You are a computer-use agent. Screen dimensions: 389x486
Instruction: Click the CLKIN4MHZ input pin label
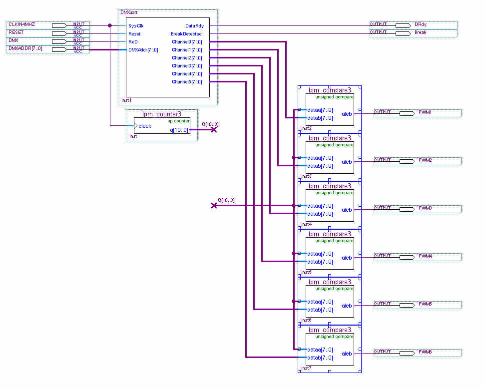(x=22, y=24)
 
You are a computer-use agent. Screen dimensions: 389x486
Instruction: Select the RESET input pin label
(x=16, y=32)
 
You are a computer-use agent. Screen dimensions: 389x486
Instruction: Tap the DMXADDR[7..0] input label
(x=25, y=48)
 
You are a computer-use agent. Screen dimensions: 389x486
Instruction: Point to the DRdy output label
(x=420, y=24)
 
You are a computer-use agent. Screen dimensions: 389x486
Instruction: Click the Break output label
(x=421, y=32)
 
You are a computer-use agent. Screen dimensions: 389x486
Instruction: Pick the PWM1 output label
(x=425, y=112)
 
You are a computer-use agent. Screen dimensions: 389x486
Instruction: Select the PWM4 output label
(x=425, y=256)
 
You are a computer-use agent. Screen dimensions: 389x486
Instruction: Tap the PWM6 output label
(x=425, y=352)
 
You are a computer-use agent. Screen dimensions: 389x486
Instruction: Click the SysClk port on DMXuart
(x=136, y=26)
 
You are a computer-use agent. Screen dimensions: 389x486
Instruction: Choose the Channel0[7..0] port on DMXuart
(x=187, y=42)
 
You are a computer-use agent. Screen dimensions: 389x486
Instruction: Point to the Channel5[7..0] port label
(x=187, y=82)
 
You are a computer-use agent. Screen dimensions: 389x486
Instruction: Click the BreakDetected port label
(x=186, y=34)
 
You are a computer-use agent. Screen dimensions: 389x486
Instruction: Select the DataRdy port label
(x=194, y=26)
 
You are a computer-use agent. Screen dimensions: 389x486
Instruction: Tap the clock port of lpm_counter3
(x=145, y=126)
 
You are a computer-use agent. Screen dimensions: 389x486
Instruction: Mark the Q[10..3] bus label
(x=226, y=200)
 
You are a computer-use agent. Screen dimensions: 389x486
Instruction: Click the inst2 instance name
(x=306, y=128)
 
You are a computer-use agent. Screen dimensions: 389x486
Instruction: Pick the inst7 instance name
(x=306, y=368)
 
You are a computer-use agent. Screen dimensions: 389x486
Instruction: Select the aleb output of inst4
(x=347, y=210)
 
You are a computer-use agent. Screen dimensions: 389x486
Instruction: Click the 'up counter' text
(x=178, y=121)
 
